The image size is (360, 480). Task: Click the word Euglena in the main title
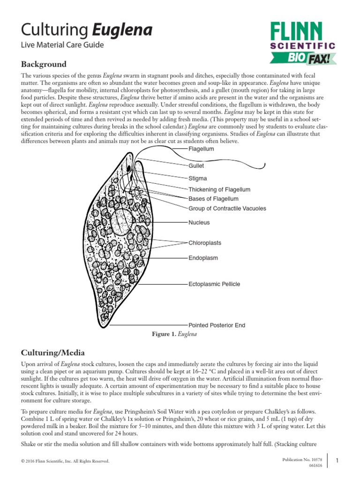[122, 30]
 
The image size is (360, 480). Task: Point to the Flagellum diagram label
[201, 149]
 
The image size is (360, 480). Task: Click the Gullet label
[196, 165]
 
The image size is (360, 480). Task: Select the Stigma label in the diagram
[197, 179]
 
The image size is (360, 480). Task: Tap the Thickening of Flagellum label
[219, 190]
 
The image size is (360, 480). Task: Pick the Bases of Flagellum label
[213, 199]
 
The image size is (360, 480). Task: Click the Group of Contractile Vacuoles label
[227, 208]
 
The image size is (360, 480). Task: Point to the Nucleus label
[199, 223]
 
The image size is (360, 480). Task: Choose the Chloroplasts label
[205, 243]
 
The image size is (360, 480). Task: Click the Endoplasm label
[203, 258]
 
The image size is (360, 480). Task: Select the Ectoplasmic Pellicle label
[214, 284]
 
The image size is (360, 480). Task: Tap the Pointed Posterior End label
[217, 325]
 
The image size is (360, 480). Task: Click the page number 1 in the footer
[350, 461]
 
